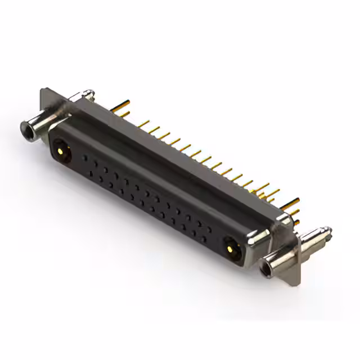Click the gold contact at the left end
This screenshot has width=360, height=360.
coord(61,151)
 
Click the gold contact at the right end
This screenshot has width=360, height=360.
coord(231,246)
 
